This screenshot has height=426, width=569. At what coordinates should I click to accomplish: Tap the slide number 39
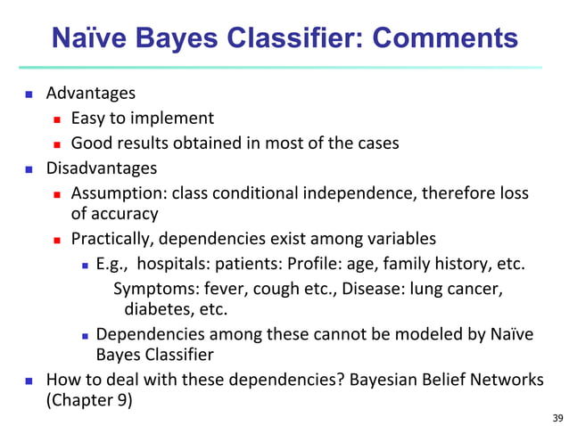click(558, 417)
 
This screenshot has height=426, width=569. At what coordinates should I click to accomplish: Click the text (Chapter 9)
click(88, 400)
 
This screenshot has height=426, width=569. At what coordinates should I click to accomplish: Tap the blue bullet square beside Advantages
click(29, 94)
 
